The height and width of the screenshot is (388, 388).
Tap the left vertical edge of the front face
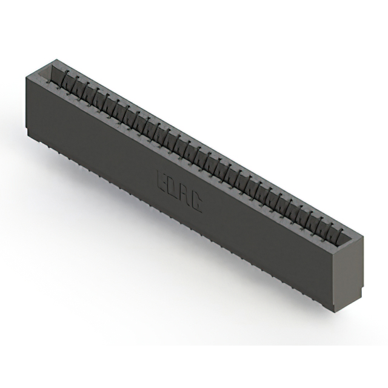pyautogui.click(x=26, y=103)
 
